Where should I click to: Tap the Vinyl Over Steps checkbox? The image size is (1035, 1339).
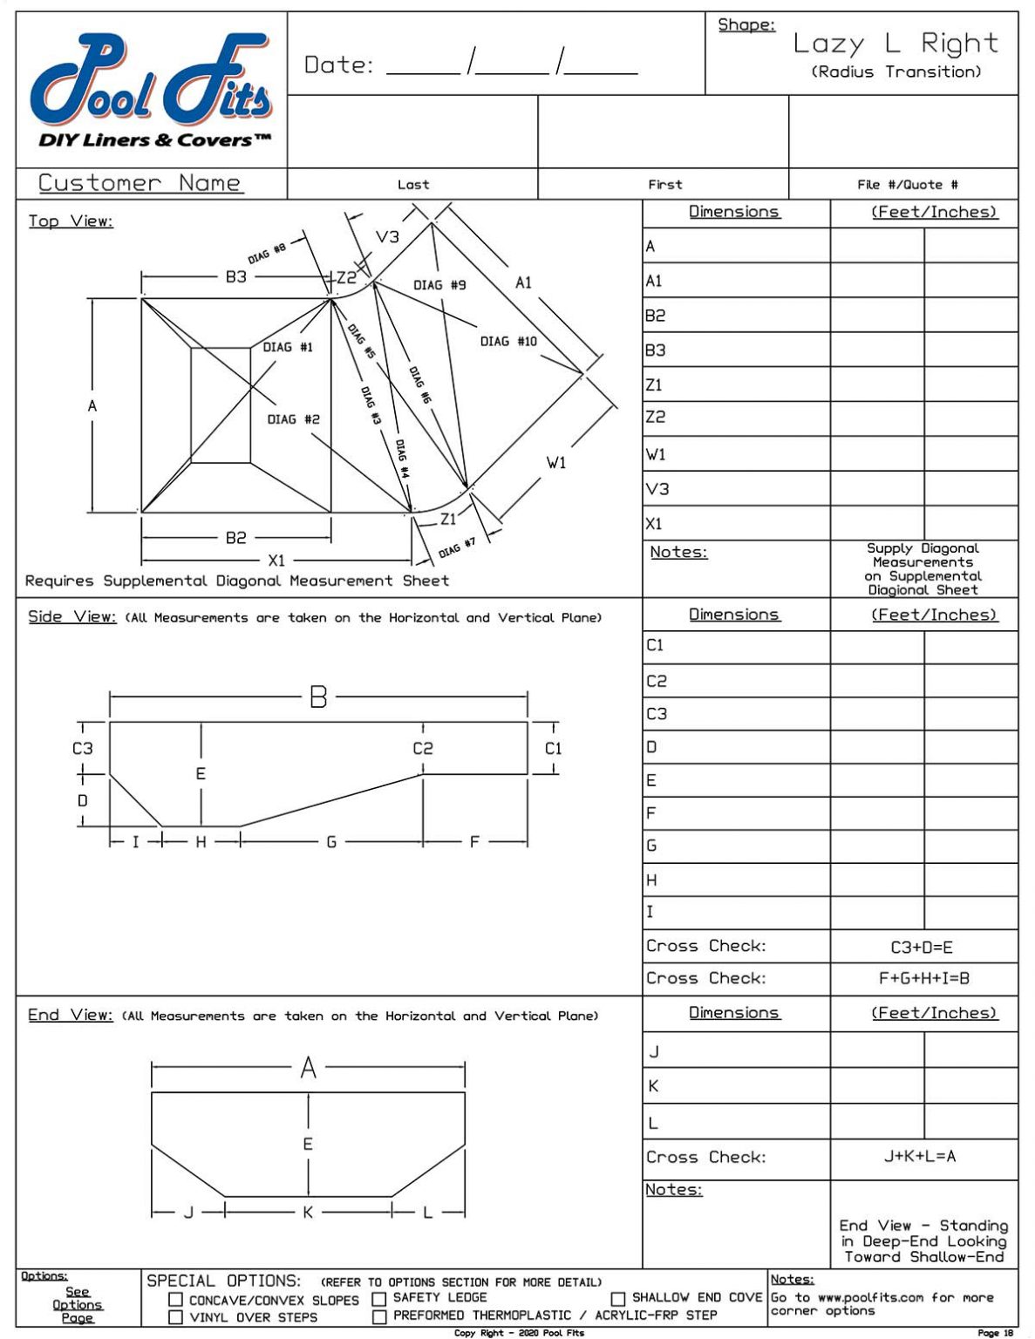pos(176,1317)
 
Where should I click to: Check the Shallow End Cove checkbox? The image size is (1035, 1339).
pos(618,1298)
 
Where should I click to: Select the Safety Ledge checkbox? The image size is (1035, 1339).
pos(379,1299)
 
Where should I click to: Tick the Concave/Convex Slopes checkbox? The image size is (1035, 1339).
pos(176,1300)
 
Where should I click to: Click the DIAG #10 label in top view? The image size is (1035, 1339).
pos(508,342)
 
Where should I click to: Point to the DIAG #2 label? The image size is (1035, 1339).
pos(293,419)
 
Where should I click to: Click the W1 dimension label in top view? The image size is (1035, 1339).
pos(556,463)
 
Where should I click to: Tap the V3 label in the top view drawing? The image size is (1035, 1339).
pos(387,237)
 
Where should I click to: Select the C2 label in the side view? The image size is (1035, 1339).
pos(423,748)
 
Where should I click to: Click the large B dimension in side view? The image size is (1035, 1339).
pos(318,697)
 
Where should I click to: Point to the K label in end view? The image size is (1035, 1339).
pos(308,1212)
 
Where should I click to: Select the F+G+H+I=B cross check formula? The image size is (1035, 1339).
pos(923,978)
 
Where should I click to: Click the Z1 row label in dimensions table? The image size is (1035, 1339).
pos(654,384)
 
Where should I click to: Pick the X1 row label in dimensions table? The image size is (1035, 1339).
pos(654,524)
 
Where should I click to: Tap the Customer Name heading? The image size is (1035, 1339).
pos(140,183)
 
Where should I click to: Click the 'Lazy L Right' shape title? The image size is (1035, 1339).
pos(895,44)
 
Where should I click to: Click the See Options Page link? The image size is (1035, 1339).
pos(78,1304)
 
